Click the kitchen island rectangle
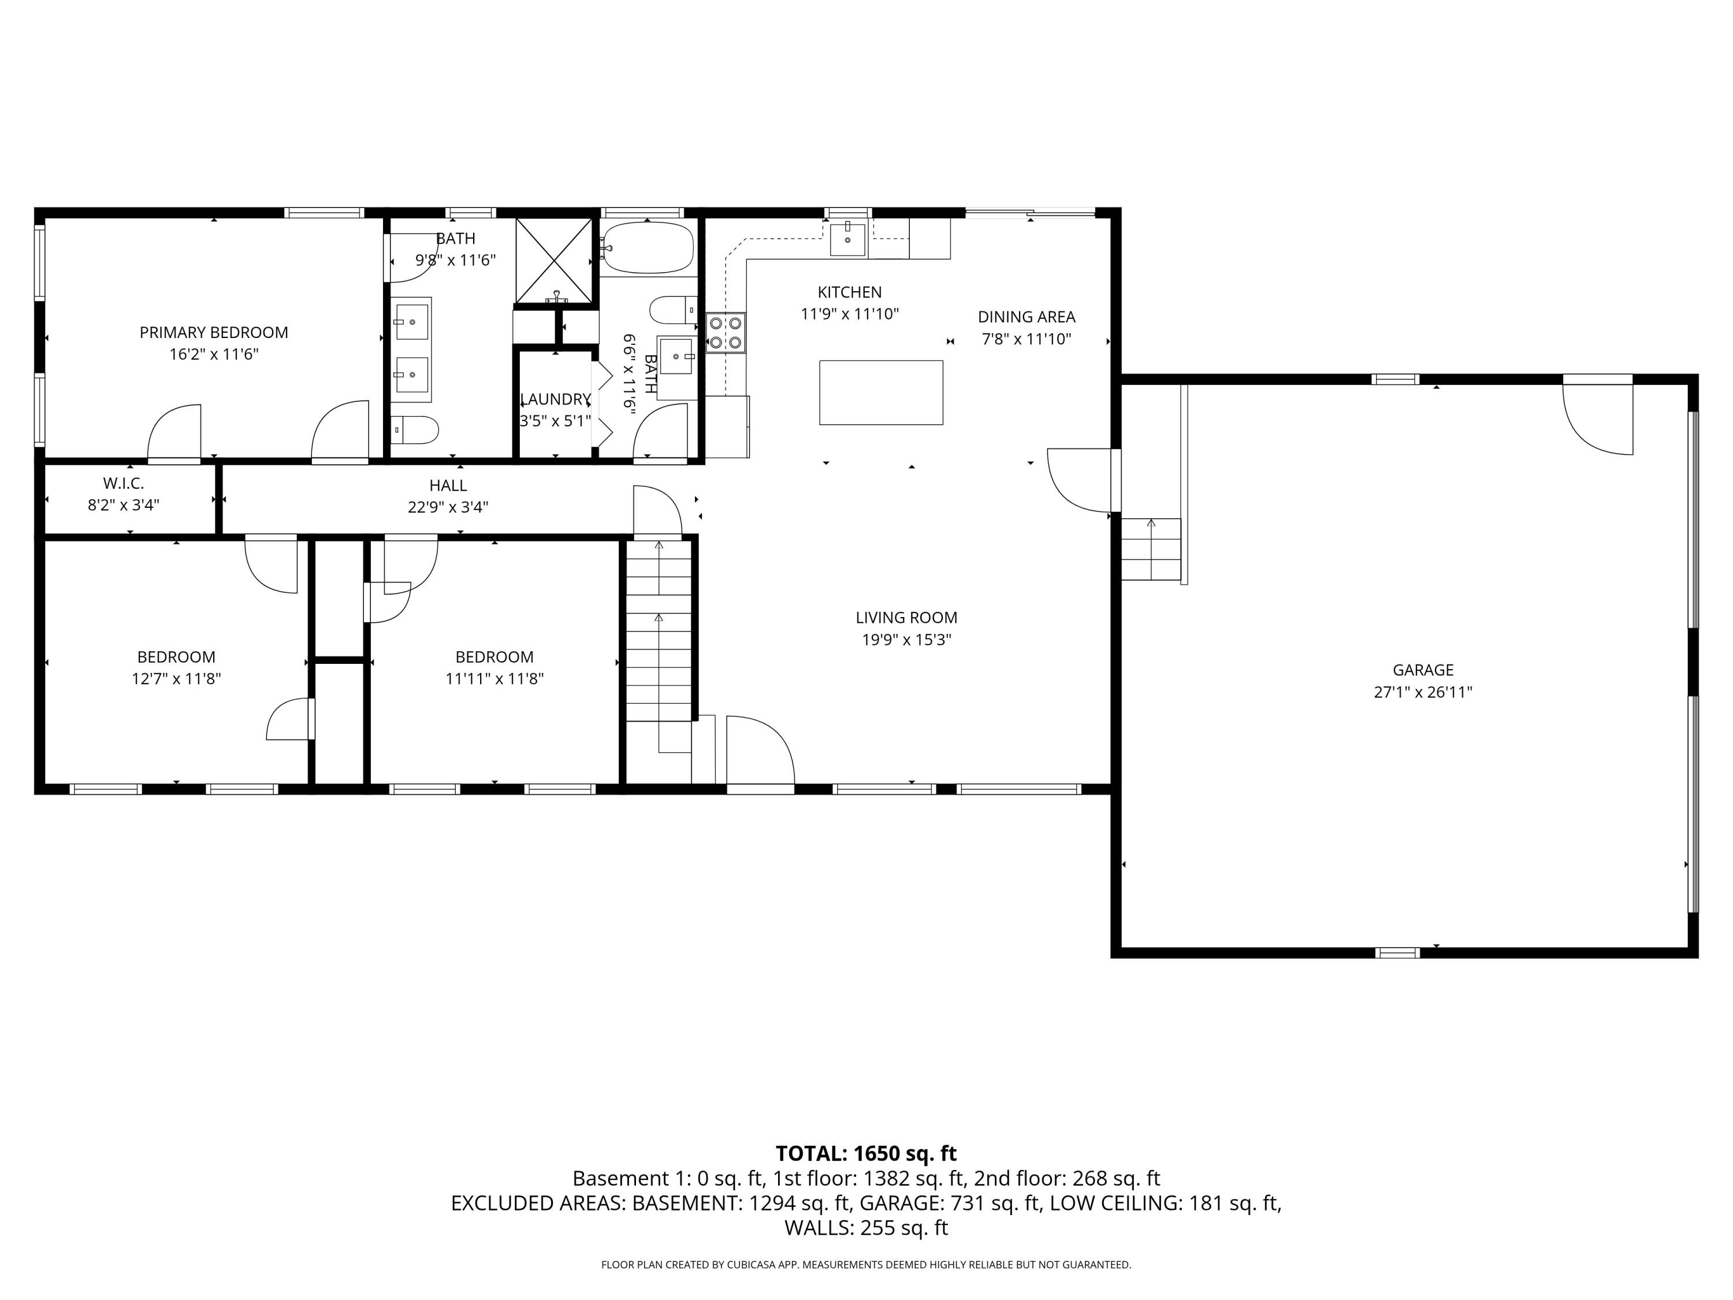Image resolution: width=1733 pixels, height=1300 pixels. [x=880, y=392]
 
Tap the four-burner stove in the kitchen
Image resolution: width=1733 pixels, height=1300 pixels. [x=726, y=332]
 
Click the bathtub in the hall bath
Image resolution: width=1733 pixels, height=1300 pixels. [x=649, y=247]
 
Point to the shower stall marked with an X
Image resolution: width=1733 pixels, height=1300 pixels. [x=554, y=260]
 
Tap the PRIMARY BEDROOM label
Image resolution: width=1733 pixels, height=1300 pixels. [x=214, y=332]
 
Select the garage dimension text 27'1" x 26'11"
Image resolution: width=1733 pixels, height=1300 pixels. [x=1423, y=692]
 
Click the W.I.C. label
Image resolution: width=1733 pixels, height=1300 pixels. [x=124, y=484]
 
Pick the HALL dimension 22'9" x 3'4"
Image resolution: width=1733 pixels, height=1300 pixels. [x=448, y=507]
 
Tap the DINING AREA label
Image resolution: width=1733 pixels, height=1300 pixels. [x=1027, y=317]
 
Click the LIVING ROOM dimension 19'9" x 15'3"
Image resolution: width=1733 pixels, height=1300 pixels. [x=906, y=640]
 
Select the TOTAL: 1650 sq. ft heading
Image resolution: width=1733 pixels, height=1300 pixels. [x=866, y=1153]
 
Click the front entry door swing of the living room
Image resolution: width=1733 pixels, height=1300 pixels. [x=758, y=750]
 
